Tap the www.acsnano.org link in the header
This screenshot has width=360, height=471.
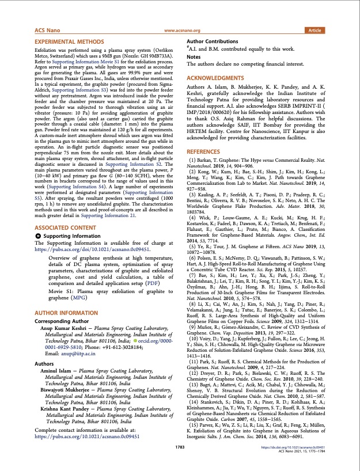182,31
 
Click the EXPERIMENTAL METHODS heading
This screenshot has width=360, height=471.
66,43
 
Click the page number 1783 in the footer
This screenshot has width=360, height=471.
180,463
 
